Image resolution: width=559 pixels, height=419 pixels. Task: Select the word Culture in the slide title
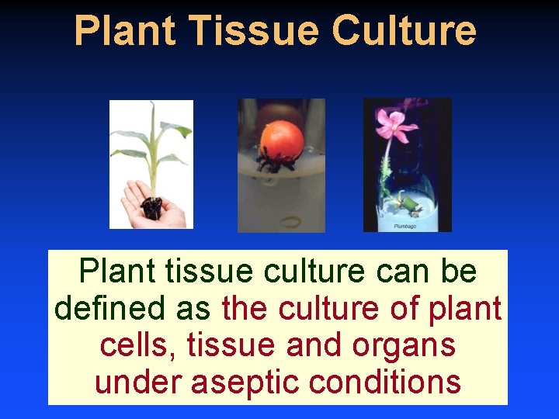coord(404,31)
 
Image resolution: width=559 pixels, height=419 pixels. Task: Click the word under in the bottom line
coord(138,381)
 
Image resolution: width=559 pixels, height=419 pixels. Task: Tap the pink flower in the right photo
coord(394,126)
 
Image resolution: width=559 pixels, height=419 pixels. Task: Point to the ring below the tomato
coord(290,223)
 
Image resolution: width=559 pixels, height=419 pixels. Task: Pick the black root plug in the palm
coord(151,207)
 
